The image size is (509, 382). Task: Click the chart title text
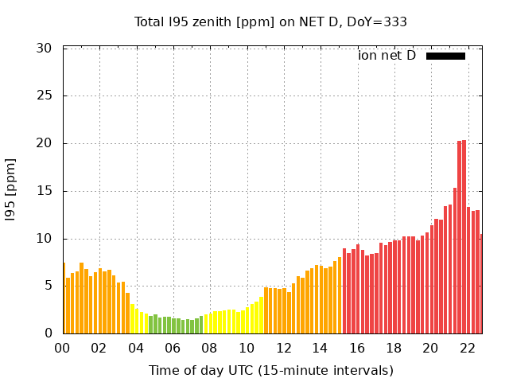click(270, 22)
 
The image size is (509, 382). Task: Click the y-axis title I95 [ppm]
click(11, 190)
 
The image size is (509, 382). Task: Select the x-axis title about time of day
click(270, 370)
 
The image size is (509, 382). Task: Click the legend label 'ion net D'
click(387, 56)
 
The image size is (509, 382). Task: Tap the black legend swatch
click(445, 56)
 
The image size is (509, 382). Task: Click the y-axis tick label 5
click(48, 286)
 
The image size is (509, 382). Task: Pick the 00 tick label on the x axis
click(62, 348)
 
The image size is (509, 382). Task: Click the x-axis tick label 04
click(136, 348)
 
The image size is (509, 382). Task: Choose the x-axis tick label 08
click(209, 348)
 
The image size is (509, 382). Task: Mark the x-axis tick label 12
click(283, 348)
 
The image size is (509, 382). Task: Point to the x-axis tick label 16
click(356, 348)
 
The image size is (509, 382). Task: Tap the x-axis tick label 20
click(430, 348)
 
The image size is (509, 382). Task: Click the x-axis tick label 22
click(467, 348)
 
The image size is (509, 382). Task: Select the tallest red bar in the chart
click(464, 239)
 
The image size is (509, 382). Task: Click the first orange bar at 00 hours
click(64, 298)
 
